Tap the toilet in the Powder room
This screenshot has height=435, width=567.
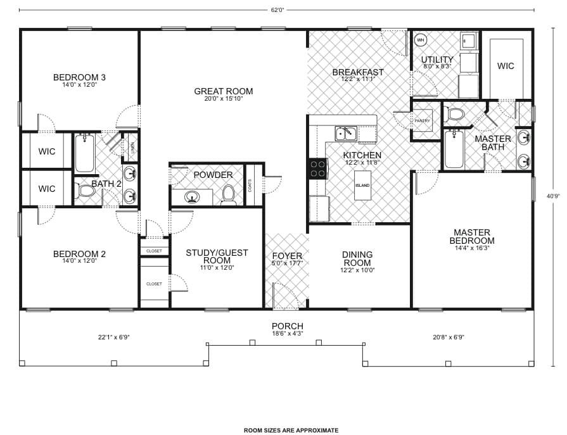229,196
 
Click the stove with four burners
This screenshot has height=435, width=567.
318,169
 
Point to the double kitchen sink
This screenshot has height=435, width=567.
346,133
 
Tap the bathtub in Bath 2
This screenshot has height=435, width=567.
84,153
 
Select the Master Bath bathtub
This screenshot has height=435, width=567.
454,149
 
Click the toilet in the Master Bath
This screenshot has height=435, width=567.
454,115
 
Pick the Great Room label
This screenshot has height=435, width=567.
223,91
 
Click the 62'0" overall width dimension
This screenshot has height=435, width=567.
277,9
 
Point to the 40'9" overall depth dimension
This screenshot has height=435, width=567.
552,196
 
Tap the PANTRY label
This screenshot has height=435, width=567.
423,121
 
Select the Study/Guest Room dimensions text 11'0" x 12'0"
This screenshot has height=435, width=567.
217,268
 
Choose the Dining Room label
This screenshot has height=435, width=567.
357,259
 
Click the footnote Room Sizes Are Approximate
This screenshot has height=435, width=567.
291,430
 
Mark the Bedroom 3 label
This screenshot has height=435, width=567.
79,77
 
